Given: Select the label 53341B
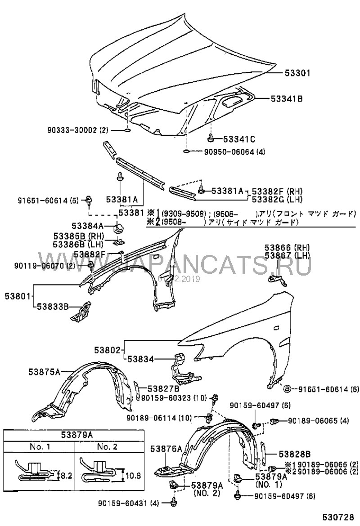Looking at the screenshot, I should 286,98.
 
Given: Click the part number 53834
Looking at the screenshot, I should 140,359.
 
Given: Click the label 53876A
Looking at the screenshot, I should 167,448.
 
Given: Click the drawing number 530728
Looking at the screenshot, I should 341,517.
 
